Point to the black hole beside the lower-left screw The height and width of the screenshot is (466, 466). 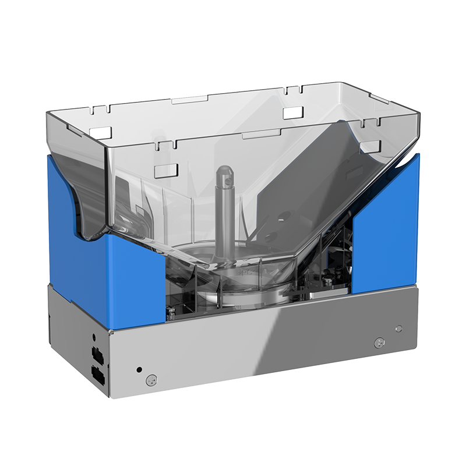139,369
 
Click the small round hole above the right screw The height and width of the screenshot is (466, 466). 398,329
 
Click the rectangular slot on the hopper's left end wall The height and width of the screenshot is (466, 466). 100,132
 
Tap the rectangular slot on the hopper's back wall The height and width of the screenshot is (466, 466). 294,112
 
